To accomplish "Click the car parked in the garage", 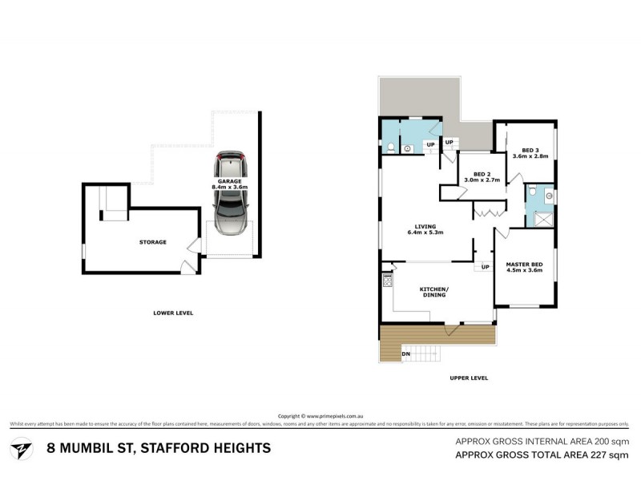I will click(x=230, y=194).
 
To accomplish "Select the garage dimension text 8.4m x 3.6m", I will click(x=231, y=187).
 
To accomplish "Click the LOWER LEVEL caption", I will click(x=173, y=313).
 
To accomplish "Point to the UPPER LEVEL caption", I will click(x=468, y=378).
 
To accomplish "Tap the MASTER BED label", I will click(x=524, y=265).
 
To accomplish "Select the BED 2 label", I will click(x=482, y=175).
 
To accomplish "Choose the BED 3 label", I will click(x=530, y=150).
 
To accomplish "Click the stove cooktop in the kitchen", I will click(x=387, y=280).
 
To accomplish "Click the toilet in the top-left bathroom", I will click(x=389, y=147).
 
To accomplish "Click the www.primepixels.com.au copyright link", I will click(x=335, y=416).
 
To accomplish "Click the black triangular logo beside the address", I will click(x=22, y=447).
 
